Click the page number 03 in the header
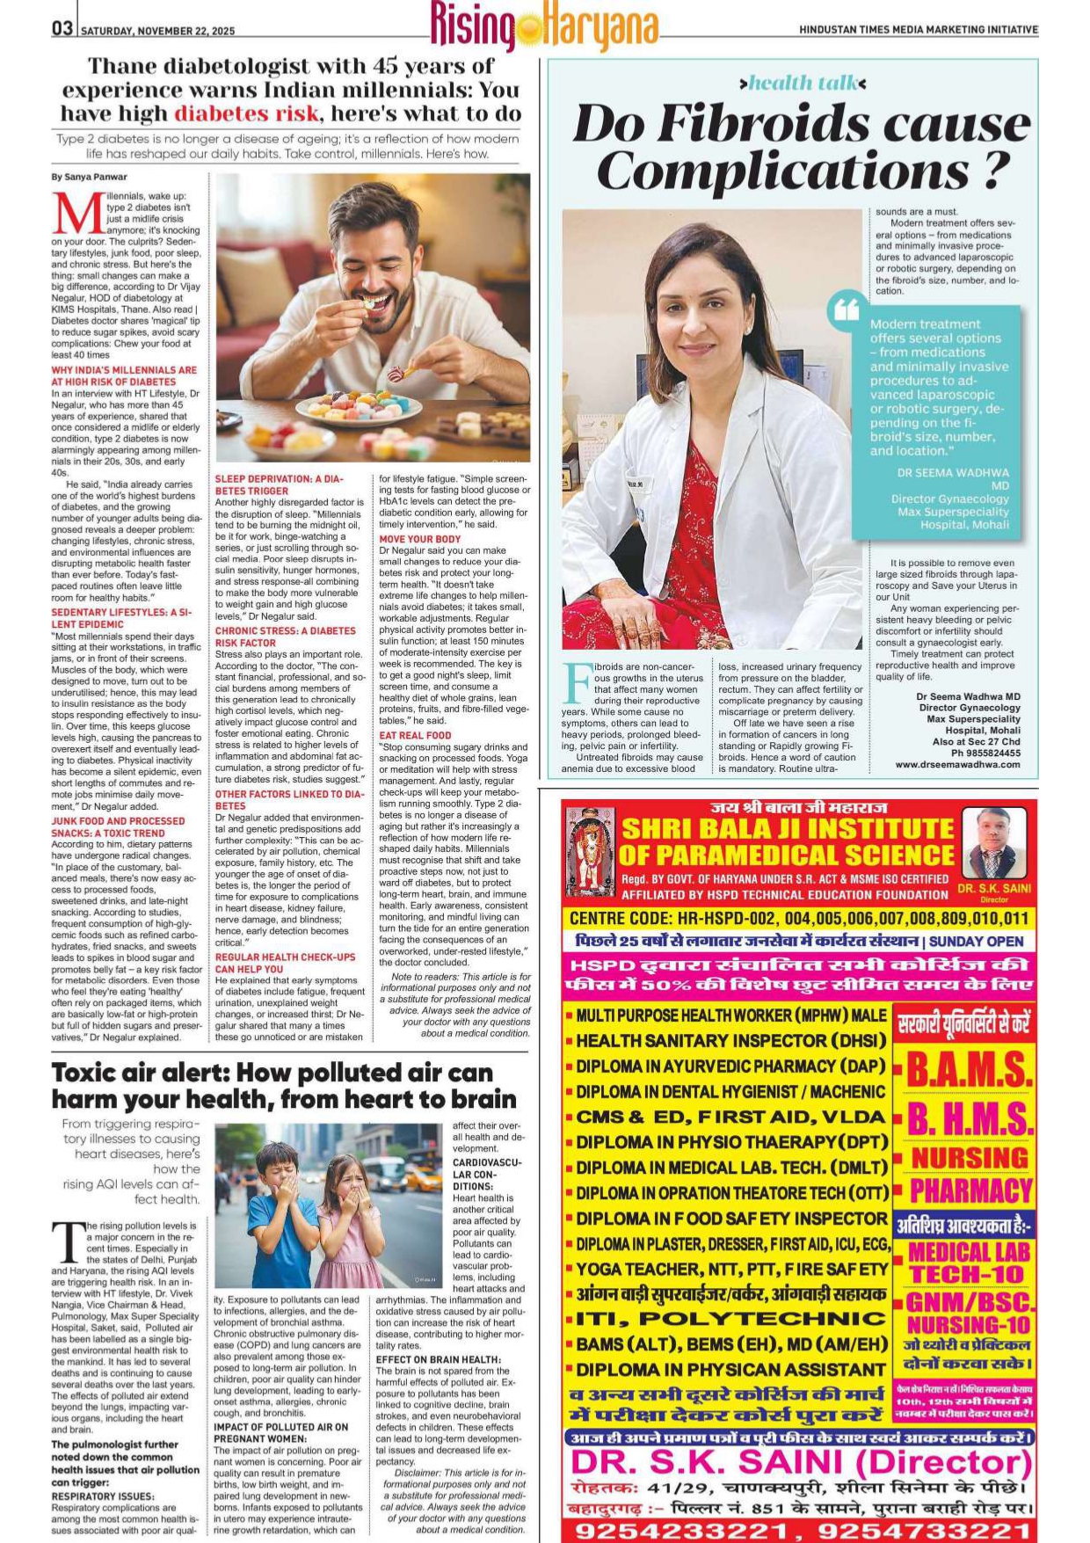(x=62, y=28)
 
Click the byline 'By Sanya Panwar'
(x=89, y=177)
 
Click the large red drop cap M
(x=72, y=214)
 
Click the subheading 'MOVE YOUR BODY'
(x=419, y=539)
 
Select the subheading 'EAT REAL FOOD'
(x=415, y=735)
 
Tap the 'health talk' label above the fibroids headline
(x=802, y=83)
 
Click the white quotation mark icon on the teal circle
(x=847, y=310)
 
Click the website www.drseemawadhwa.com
(x=957, y=764)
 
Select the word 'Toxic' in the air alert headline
(x=86, y=1073)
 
